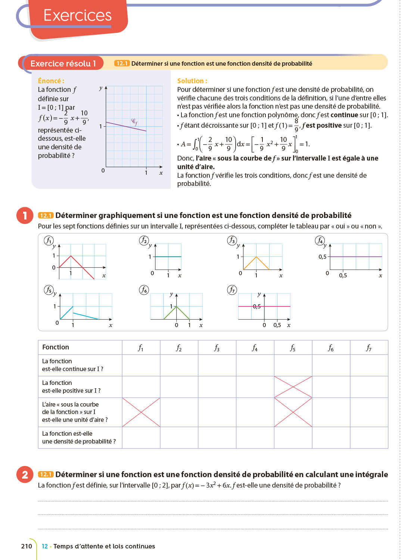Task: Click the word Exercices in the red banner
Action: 77,15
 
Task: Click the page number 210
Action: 27,546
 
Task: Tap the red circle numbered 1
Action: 25,215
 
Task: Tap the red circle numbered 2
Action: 25,475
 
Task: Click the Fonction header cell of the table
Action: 56,347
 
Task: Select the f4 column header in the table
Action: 255,348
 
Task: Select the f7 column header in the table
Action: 368,348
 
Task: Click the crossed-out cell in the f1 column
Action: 141,412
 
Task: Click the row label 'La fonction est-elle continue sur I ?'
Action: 72,365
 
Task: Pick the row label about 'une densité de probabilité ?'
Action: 79,438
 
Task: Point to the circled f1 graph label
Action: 49,240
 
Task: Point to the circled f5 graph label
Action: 49,290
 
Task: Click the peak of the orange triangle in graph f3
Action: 256,257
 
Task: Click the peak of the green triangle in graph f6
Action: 177,307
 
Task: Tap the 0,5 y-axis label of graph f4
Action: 322,257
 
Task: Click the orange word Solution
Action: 192,81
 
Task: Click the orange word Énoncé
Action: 51,81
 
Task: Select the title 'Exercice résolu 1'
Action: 63,63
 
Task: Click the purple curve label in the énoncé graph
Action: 134,121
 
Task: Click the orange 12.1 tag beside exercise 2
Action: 46,475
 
